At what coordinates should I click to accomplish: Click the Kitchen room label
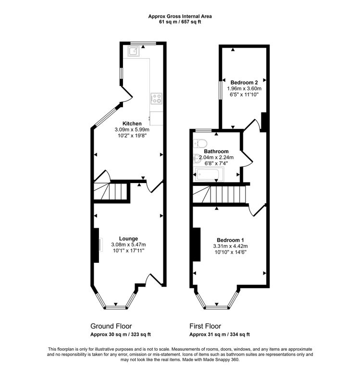click(x=132, y=123)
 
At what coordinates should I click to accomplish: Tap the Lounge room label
click(x=129, y=238)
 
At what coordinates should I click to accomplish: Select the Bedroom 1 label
click(x=230, y=240)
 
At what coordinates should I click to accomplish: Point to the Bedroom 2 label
click(x=244, y=82)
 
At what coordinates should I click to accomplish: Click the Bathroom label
click(x=216, y=151)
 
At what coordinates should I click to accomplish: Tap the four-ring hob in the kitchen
click(x=156, y=98)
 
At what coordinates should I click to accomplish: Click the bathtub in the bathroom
click(x=209, y=174)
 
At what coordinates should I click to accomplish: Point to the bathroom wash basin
click(x=197, y=158)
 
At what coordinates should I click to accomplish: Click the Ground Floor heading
click(x=111, y=326)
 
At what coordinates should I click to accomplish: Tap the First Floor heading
click(x=205, y=326)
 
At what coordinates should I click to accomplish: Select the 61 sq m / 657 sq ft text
click(x=180, y=22)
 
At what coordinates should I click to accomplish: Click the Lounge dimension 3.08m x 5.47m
click(x=129, y=245)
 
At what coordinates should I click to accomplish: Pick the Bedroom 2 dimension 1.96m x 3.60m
click(x=244, y=88)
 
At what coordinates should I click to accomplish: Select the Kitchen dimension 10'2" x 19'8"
click(x=132, y=136)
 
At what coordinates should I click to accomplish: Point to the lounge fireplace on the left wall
click(x=97, y=245)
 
